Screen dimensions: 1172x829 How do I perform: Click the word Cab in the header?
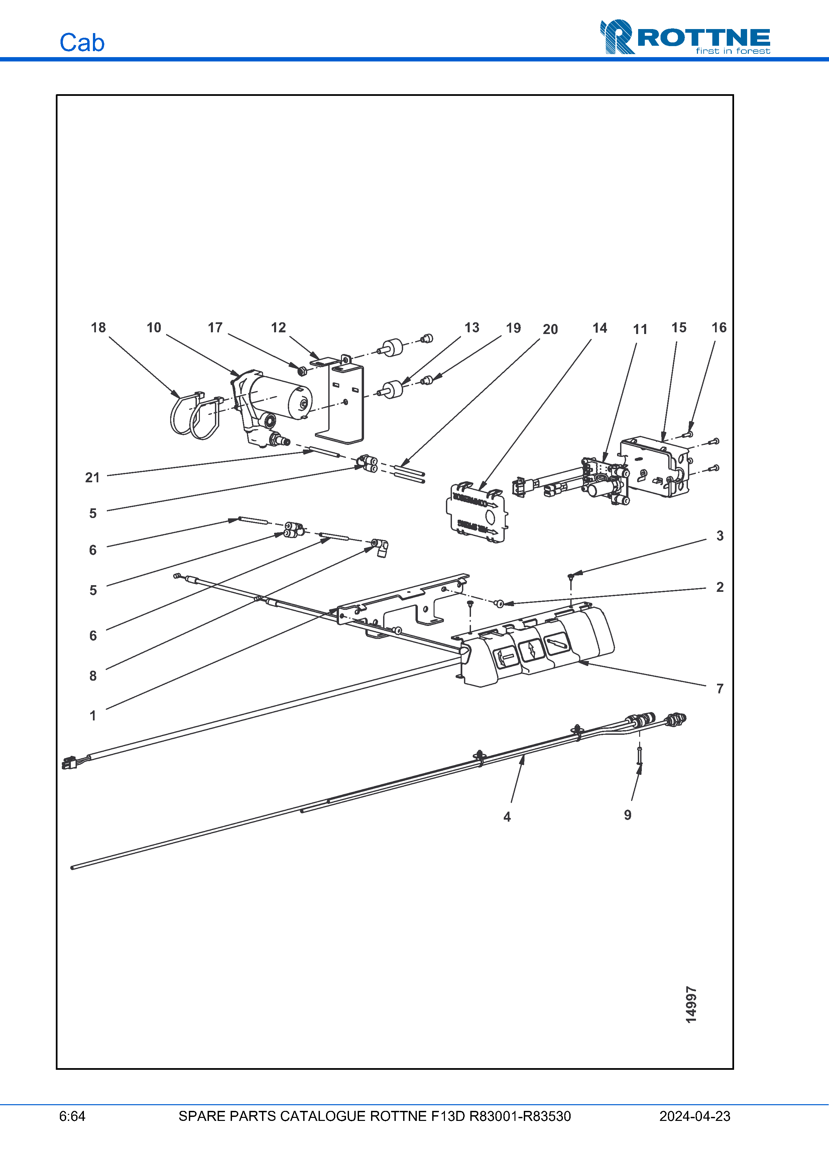[x=82, y=42]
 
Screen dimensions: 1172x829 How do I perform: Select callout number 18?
[x=98, y=328]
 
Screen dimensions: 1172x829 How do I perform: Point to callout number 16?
[x=719, y=328]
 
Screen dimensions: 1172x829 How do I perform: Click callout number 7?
[x=720, y=689]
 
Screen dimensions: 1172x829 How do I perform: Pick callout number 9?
[x=628, y=815]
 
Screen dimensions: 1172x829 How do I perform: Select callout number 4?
[x=507, y=817]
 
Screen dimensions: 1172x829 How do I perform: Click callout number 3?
[x=720, y=535]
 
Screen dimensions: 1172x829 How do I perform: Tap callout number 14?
[x=600, y=328]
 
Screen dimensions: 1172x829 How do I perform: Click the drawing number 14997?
[x=691, y=1005]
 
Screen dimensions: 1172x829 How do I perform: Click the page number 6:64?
[x=72, y=1116]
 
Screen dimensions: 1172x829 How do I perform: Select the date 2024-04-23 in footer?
[x=695, y=1116]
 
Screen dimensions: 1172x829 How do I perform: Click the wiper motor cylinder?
[x=281, y=398]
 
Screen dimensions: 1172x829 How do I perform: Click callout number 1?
[x=93, y=716]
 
